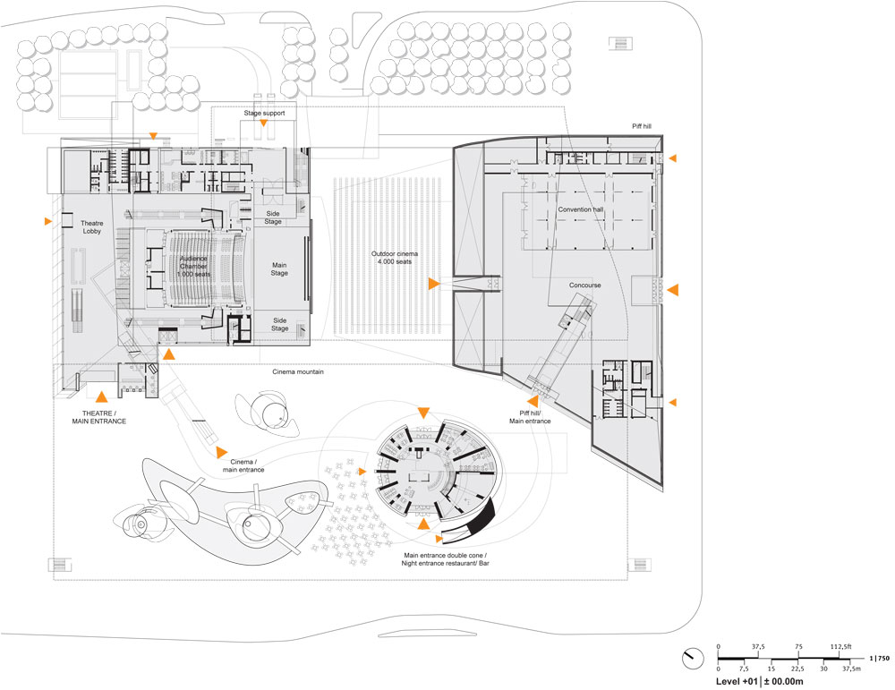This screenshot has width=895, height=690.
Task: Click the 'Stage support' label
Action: [264, 115]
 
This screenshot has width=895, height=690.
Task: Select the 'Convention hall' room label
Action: [581, 209]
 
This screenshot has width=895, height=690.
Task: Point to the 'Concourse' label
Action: [584, 285]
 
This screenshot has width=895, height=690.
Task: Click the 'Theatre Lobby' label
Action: [93, 227]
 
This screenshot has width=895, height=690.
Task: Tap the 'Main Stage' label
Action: [279, 268]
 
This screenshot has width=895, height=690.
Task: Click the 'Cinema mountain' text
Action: [297, 371]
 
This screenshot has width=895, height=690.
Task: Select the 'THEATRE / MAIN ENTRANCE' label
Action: [99, 416]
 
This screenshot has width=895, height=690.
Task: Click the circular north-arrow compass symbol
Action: [690, 657]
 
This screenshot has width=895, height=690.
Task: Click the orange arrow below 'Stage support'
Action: [265, 127]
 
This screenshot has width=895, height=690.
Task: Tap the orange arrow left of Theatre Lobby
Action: [47, 220]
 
